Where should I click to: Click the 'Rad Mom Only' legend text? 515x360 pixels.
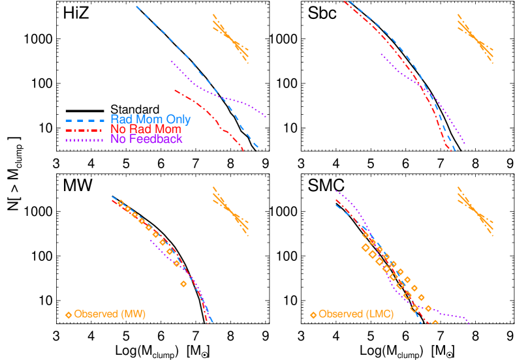150,119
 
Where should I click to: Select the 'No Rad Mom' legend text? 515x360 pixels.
146,129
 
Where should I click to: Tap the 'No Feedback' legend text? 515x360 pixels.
146,139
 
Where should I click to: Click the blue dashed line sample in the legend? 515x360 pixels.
85,120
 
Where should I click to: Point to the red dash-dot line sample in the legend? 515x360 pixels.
85,130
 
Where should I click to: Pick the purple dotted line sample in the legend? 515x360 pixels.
85,140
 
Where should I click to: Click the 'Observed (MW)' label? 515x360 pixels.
110,314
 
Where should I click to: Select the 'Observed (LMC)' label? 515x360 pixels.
356,314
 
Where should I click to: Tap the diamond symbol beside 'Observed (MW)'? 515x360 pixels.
69,315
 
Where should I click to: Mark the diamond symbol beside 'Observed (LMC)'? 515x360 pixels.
313,315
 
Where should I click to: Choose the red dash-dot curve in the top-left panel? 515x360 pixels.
209,112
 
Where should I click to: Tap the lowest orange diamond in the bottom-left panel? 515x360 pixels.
183,284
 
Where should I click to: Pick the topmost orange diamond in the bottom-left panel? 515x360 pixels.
121,203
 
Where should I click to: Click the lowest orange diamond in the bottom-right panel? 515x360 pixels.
435,323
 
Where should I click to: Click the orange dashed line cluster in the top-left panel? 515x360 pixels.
230,38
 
